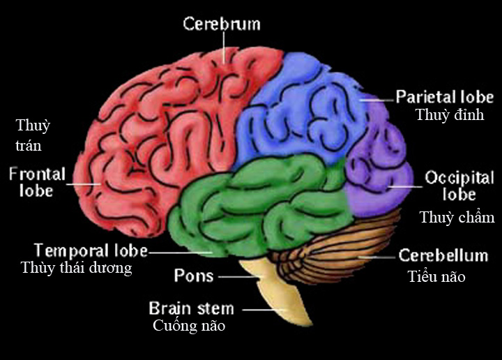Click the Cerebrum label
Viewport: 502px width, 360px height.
[221, 24]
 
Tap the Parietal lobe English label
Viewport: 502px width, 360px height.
[444, 97]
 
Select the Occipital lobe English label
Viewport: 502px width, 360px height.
[459, 185]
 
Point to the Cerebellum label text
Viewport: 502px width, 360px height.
[443, 255]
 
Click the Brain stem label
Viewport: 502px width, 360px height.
[191, 308]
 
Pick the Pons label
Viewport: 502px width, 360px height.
[193, 276]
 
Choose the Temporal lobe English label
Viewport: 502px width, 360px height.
[91, 250]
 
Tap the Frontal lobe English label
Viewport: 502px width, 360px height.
[37, 181]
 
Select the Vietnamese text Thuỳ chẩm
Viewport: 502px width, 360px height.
[457, 218]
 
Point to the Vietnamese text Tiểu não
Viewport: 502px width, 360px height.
[436, 278]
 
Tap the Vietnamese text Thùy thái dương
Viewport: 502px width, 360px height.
[76, 268]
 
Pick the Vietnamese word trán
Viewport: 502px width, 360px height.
[29, 146]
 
